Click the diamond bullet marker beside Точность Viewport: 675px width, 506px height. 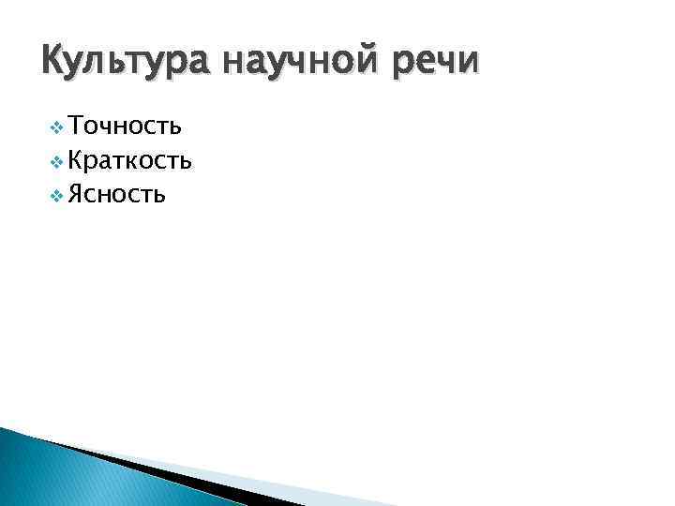point(58,127)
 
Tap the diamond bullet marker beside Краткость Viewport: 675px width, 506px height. point(58,162)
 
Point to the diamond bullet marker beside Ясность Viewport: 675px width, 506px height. point(58,196)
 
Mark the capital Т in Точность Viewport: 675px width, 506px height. point(77,126)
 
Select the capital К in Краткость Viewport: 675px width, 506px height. point(78,161)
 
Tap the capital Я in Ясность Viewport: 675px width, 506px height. point(78,195)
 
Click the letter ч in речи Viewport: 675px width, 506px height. point(448,63)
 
